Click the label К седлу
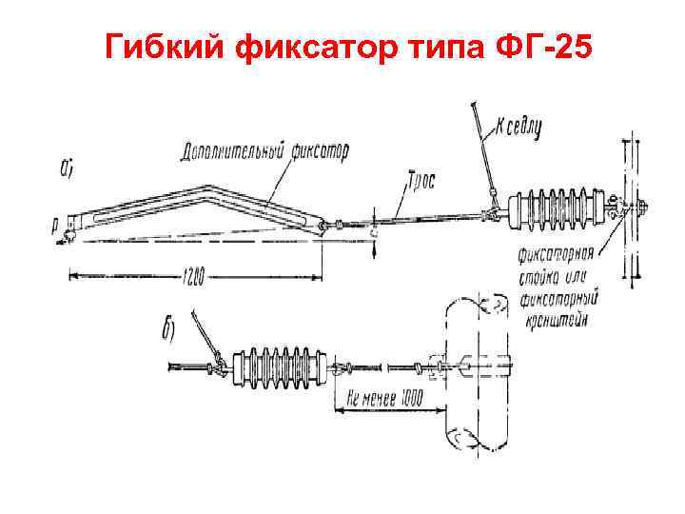pyautogui.click(x=518, y=126)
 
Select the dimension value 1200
pyautogui.click(x=191, y=277)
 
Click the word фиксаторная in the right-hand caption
pyautogui.click(x=557, y=255)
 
